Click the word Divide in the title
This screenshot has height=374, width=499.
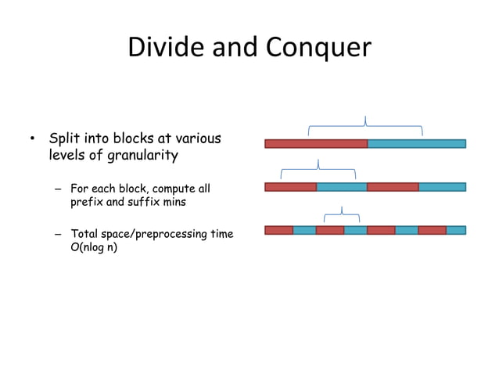point(159,48)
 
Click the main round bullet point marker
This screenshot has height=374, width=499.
point(32,140)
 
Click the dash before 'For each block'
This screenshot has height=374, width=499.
point(58,189)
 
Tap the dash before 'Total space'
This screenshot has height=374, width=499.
point(58,234)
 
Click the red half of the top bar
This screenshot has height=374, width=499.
point(316,144)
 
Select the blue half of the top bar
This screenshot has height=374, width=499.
point(416,144)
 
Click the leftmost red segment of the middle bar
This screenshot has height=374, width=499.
point(290,187)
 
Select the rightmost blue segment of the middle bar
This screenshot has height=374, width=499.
point(442,187)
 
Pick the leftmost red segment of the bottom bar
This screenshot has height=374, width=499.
point(278,230)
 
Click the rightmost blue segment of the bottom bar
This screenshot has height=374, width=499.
point(456,230)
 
